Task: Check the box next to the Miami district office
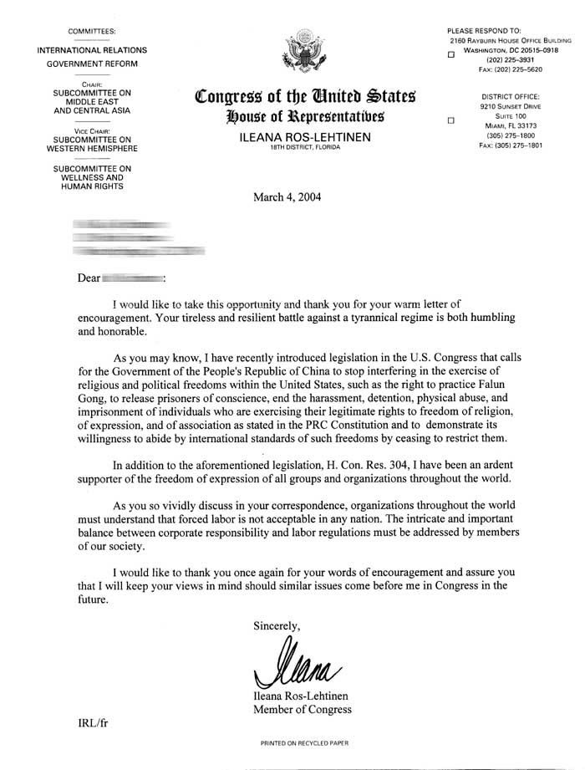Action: tap(450, 120)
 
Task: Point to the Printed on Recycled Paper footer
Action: tap(303, 742)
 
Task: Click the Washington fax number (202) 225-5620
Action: tap(510, 70)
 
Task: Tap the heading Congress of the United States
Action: tap(305, 97)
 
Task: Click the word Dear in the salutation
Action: tap(88, 275)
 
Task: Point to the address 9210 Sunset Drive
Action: tap(510, 107)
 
